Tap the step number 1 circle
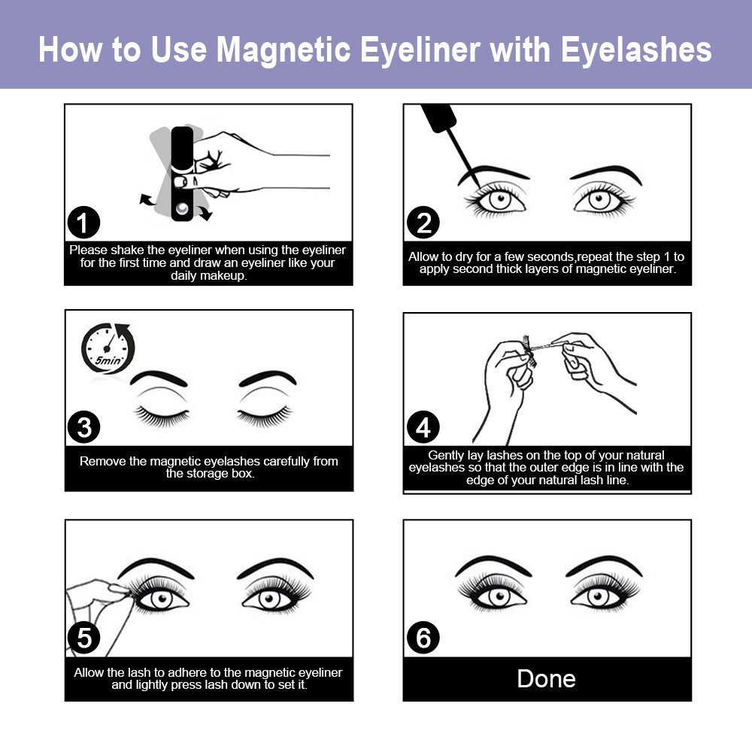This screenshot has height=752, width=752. pos(83,223)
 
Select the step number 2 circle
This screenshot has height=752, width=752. pos(423,223)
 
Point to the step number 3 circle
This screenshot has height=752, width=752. pos(83,427)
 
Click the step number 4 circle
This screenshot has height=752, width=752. pos(423,427)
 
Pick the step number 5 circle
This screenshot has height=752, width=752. pos(83,638)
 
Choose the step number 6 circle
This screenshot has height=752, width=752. pos(423,638)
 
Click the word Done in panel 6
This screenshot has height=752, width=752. pos(547,678)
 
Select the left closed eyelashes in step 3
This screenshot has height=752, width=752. pos(159,415)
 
